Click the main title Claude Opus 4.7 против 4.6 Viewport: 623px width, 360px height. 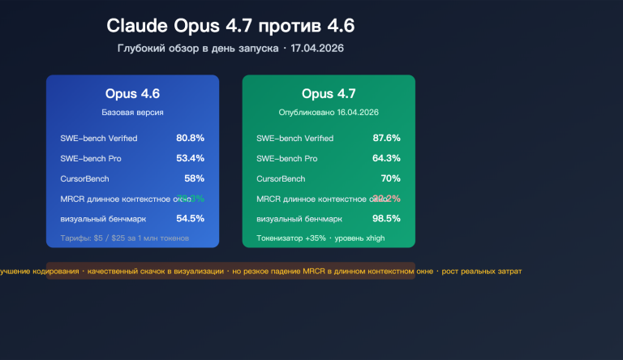(230, 26)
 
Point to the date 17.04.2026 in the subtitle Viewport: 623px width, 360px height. (317, 49)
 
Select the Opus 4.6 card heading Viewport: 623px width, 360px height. (132, 93)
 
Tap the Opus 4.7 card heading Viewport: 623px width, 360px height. (329, 93)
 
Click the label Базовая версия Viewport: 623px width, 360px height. (132, 111)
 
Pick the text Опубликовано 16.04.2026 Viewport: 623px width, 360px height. (329, 111)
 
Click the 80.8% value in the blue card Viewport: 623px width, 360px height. (190, 138)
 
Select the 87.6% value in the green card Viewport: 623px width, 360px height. (386, 138)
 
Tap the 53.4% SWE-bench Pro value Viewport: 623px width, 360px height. (190, 158)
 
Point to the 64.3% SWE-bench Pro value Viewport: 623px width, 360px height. (386, 158)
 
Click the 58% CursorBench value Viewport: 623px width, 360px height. (194, 178)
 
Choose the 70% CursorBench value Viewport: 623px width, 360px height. (390, 178)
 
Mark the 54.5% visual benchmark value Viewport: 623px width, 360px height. (190, 218)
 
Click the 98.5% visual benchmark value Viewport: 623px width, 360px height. (386, 218)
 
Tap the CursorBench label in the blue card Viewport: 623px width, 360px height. (84, 178)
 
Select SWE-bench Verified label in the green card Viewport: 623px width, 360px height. (294, 138)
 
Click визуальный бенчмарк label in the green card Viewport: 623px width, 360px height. (299, 219)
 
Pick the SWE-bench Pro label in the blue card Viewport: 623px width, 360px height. (90, 158)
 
